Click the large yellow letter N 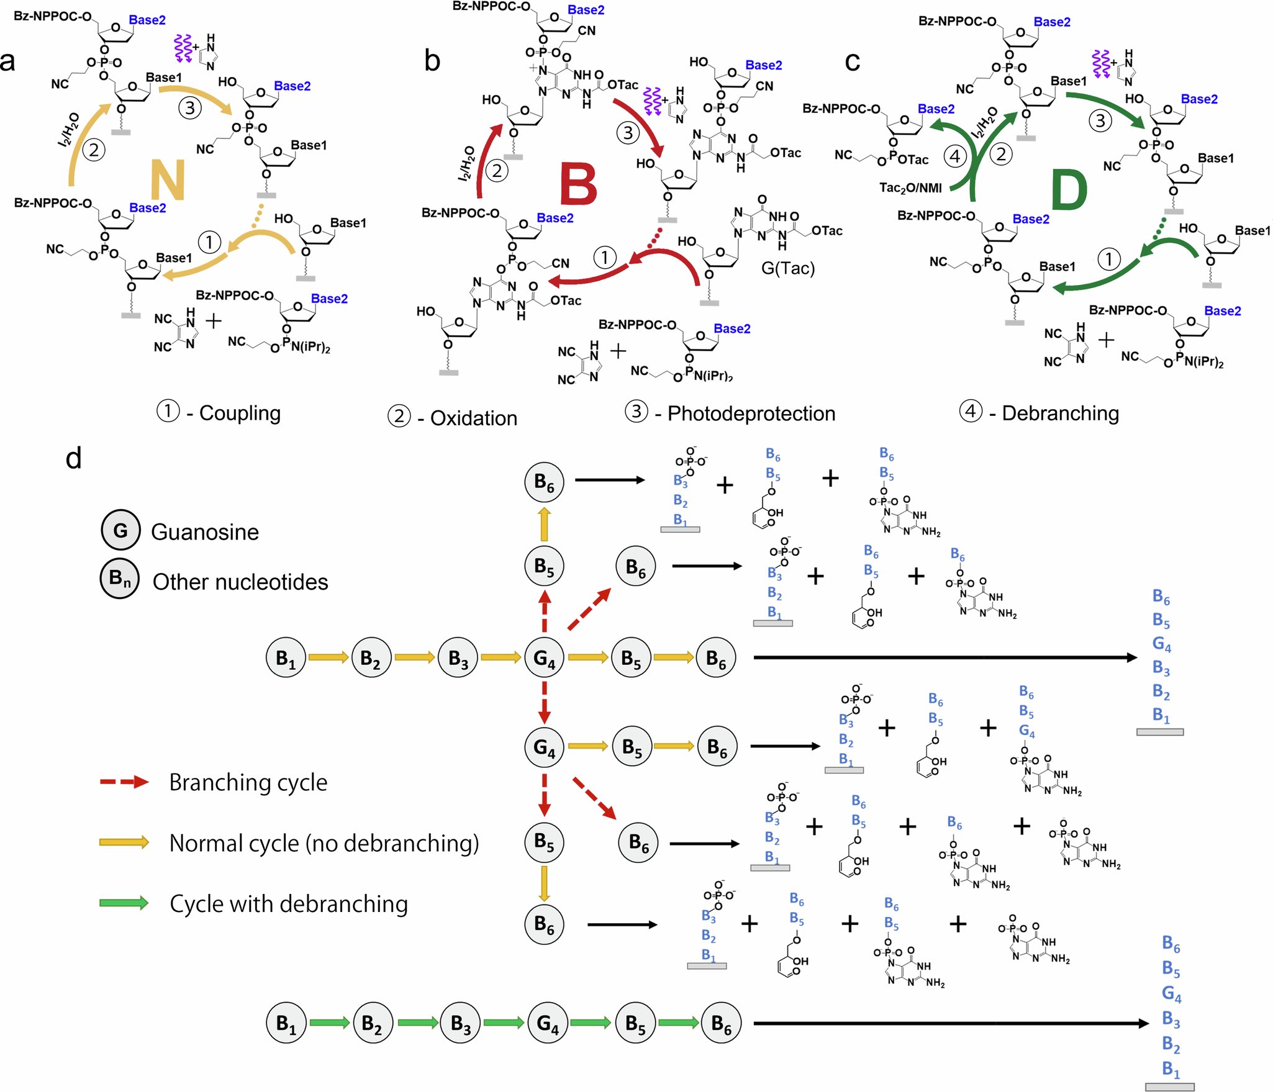pyautogui.click(x=168, y=179)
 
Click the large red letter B pyautogui.click(x=578, y=184)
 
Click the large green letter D pyautogui.click(x=1069, y=190)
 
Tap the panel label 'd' pyautogui.click(x=73, y=459)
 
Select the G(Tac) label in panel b pyautogui.click(x=787, y=268)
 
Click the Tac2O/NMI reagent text pyautogui.click(x=910, y=187)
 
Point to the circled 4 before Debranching pyautogui.click(x=971, y=411)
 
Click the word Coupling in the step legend pyautogui.click(x=240, y=413)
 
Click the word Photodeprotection pyautogui.click(x=751, y=413)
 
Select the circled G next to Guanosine pyautogui.click(x=120, y=531)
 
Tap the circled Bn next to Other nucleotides pyautogui.click(x=120, y=579)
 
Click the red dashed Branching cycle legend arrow pyautogui.click(x=124, y=782)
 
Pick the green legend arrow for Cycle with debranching pyautogui.click(x=124, y=903)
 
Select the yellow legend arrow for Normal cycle pyautogui.click(x=124, y=842)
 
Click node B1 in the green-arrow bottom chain pyautogui.click(x=286, y=1023)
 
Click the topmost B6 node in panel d pyautogui.click(x=544, y=482)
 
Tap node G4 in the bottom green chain pyautogui.click(x=547, y=1023)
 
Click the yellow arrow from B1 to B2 pyautogui.click(x=328, y=657)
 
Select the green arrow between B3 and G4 pyautogui.click(x=504, y=1023)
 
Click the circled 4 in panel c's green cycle pyautogui.click(x=955, y=156)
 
